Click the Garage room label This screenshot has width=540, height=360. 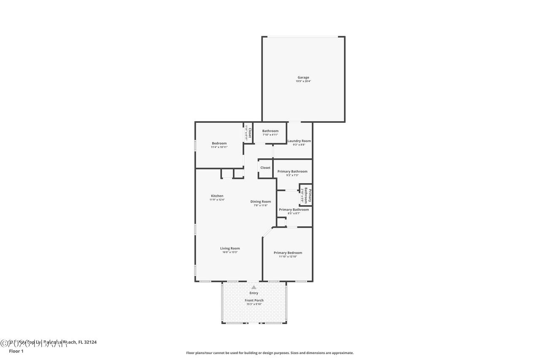coord(303,77)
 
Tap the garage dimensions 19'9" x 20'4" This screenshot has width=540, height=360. coord(303,81)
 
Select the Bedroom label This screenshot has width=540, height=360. coord(219,143)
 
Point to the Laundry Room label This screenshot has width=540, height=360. coord(299,141)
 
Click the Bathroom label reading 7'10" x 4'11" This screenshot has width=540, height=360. coord(270,131)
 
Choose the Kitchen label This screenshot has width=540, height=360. coord(217,196)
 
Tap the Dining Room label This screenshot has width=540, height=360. coord(260,202)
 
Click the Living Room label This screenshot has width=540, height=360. coord(229,249)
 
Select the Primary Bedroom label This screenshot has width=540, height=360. coord(288,253)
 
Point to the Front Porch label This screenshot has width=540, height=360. coord(254,300)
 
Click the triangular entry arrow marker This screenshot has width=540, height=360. coord(254,287)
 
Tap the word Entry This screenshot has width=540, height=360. coord(254,293)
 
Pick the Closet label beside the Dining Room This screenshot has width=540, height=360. coord(265,168)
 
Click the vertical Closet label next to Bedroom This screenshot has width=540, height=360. coord(249,133)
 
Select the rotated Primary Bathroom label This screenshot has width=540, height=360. coord(308,195)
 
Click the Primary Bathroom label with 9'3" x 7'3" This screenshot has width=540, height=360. coord(292,171)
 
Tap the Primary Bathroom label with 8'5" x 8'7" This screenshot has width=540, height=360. coord(294,210)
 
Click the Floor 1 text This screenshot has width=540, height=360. coord(16,351)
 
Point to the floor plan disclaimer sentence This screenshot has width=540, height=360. coord(270,353)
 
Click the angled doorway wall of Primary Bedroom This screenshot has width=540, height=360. coord(267,232)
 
